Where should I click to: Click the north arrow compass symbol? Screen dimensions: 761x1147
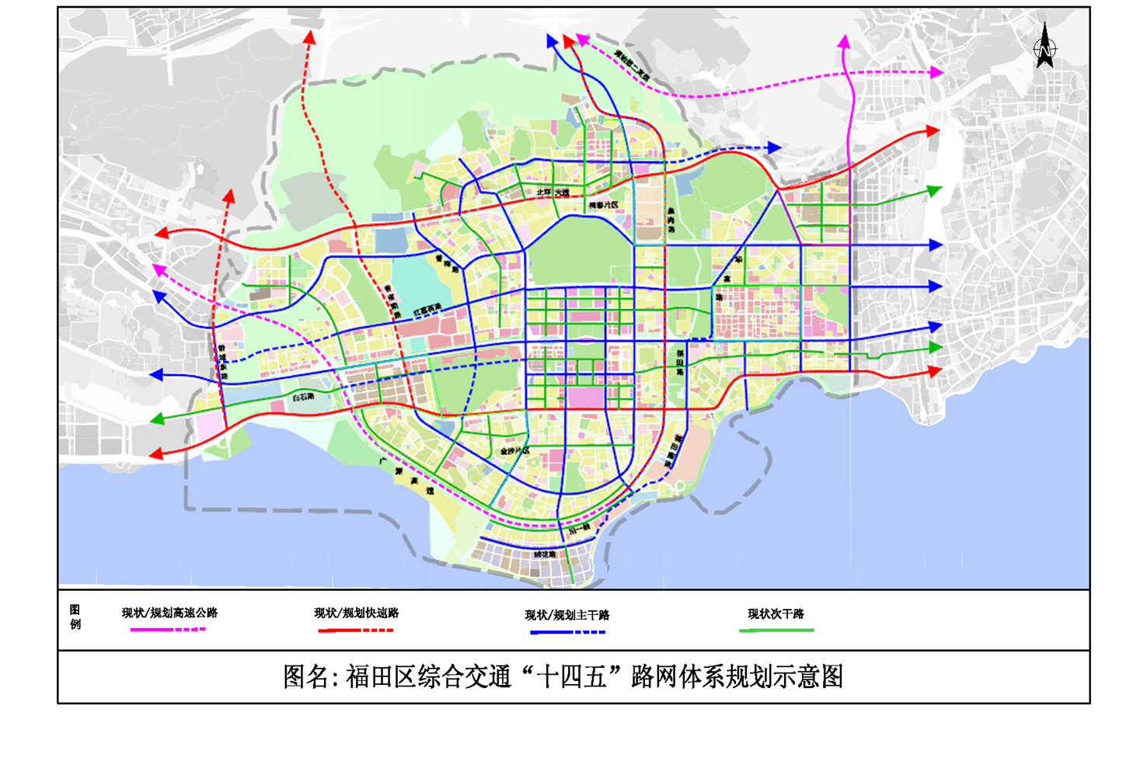pyautogui.click(x=1044, y=47)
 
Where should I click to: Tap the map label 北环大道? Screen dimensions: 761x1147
pyautogui.click(x=553, y=192)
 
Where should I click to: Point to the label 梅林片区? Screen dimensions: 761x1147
pyautogui.click(x=603, y=206)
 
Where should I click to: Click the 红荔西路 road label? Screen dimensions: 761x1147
pyautogui.click(x=427, y=310)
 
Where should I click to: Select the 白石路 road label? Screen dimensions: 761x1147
pyautogui.click(x=303, y=397)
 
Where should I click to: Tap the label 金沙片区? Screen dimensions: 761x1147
pyautogui.click(x=514, y=450)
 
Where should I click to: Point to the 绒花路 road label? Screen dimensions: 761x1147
pyautogui.click(x=544, y=554)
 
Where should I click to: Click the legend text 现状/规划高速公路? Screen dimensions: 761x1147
pyautogui.click(x=169, y=613)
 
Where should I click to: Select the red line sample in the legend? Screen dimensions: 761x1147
pyautogui.click(x=355, y=631)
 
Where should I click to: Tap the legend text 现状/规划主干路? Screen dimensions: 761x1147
pyautogui.click(x=567, y=615)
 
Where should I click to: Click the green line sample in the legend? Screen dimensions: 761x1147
pyautogui.click(x=776, y=631)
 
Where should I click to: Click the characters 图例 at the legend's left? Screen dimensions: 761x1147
pyautogui.click(x=75, y=617)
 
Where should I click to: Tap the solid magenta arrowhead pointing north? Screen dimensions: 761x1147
pyautogui.click(x=844, y=40)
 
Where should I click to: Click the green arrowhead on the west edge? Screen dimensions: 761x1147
pyautogui.click(x=157, y=419)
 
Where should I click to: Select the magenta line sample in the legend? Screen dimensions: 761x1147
pyautogui.click(x=168, y=630)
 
